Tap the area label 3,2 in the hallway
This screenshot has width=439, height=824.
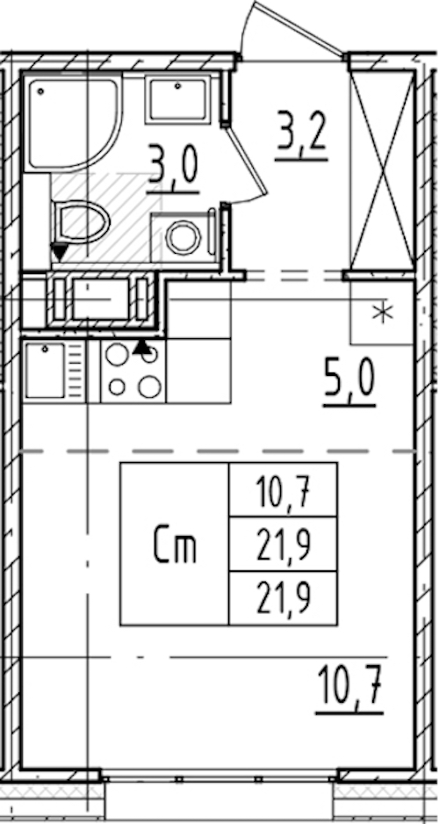(x=302, y=137)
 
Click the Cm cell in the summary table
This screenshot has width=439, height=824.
(x=176, y=545)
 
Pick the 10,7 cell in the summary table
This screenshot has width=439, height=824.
(x=283, y=490)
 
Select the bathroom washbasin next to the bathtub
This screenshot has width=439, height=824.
(x=178, y=99)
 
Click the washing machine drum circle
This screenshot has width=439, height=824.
(x=184, y=237)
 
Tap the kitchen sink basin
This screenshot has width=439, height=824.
(x=45, y=370)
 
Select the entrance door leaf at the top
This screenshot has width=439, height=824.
(x=299, y=29)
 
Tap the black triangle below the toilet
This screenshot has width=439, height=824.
(x=60, y=252)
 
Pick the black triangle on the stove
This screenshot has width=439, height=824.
(x=140, y=346)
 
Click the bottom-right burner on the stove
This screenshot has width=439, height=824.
(x=149, y=387)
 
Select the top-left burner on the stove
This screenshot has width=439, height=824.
(x=117, y=355)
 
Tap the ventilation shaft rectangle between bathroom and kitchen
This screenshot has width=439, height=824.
(x=100, y=300)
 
